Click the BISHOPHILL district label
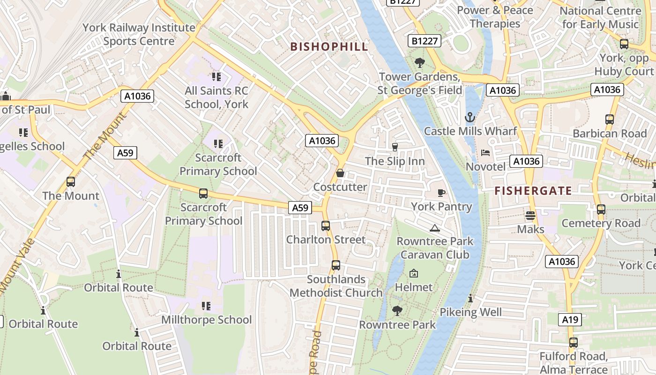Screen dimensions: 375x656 point(329,46)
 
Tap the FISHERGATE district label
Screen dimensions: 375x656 point(533,191)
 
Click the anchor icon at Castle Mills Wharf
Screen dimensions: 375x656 point(470,117)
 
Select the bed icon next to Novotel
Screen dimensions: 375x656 point(485,153)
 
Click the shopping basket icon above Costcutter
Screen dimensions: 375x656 point(340,173)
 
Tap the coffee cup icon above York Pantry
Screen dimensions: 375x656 point(441,193)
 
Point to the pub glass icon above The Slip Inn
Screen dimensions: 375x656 point(395,147)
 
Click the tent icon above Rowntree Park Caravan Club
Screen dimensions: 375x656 point(435,228)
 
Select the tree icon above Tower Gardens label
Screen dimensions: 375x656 point(420,62)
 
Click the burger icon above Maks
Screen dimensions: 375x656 point(530,216)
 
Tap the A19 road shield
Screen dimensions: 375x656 point(570,320)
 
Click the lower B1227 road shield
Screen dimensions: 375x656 point(425,41)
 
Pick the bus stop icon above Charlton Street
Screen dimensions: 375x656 point(326,226)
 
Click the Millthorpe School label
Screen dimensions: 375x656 point(206,320)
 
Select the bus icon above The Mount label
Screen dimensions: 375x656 point(71,182)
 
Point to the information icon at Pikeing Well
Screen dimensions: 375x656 point(470,299)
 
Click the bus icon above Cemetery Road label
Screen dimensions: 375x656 point(601,210)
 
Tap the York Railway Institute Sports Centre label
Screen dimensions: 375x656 point(139,34)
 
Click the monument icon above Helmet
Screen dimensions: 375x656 point(414,273)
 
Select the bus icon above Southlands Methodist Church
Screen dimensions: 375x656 point(335,265)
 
